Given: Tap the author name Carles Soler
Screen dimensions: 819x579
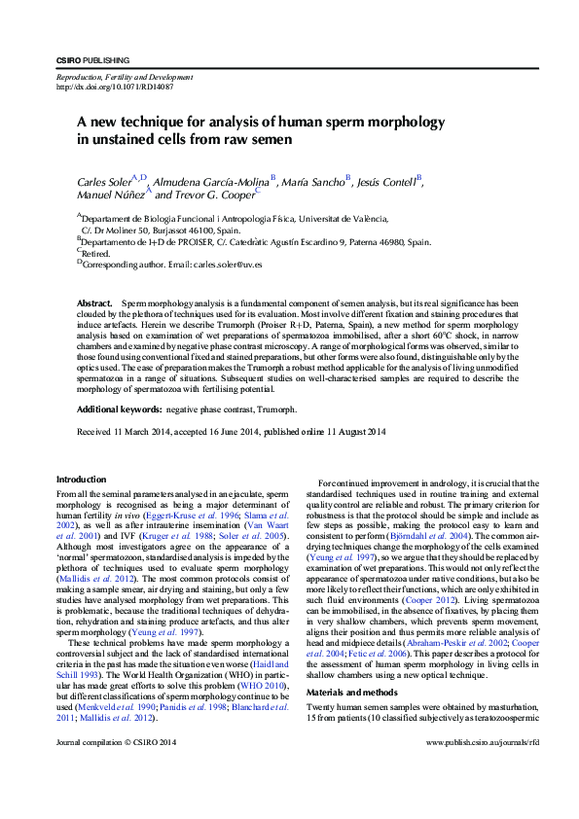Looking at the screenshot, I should click(x=108, y=182).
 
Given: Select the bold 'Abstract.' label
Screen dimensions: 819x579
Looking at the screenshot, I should click(x=96, y=304).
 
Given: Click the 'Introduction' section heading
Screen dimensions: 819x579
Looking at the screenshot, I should click(x=82, y=479).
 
